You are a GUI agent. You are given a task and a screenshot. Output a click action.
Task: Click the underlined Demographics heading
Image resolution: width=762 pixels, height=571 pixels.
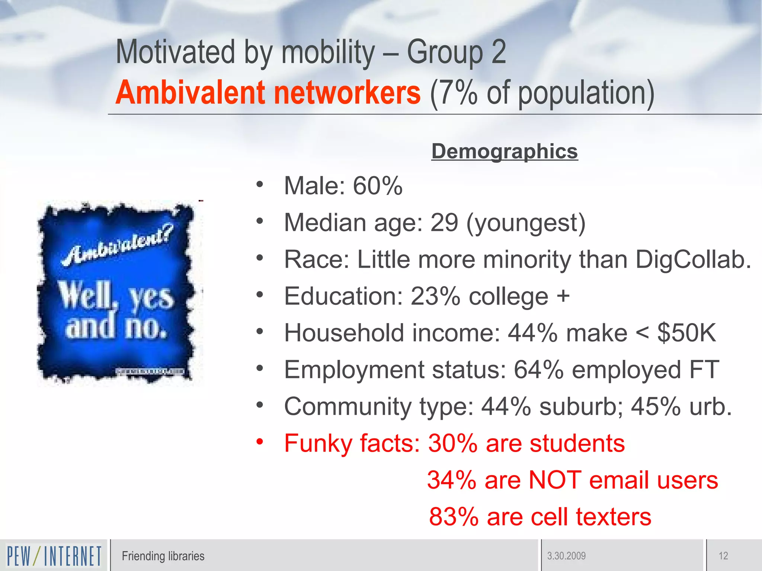click(505, 152)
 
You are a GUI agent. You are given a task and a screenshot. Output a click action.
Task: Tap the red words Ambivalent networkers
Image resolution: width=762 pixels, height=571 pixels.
click(268, 93)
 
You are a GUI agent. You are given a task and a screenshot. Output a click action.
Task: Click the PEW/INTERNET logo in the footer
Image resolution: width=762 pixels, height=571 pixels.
click(54, 556)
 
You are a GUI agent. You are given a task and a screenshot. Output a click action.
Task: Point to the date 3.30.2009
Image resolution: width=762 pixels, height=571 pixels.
click(566, 556)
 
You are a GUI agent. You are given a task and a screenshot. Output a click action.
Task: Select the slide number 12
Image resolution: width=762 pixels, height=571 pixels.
click(723, 556)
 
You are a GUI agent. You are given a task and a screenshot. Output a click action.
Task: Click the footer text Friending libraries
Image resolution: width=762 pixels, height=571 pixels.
click(163, 556)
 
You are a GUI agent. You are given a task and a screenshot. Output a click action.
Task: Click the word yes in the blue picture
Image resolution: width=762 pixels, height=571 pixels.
click(151, 297)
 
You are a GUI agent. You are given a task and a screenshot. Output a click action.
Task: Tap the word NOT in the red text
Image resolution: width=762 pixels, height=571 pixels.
click(554, 480)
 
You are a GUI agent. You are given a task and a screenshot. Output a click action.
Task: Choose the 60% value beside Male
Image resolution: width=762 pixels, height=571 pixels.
click(378, 186)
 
